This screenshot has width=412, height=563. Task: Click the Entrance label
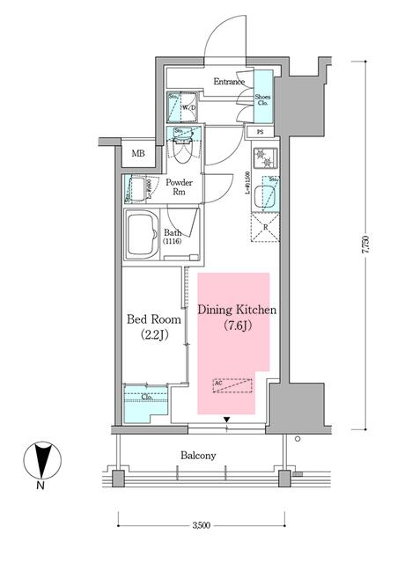pos(230,82)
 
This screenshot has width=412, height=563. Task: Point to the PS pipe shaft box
pos(261,133)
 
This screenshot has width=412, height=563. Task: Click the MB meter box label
pos(138,155)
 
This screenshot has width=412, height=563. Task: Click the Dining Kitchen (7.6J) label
pos(238,318)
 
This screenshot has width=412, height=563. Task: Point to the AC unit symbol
pos(233,385)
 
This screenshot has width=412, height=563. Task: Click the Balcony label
pos(201,456)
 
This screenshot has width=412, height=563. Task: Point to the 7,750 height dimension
pos(364,246)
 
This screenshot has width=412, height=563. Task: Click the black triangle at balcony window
pos(228,419)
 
